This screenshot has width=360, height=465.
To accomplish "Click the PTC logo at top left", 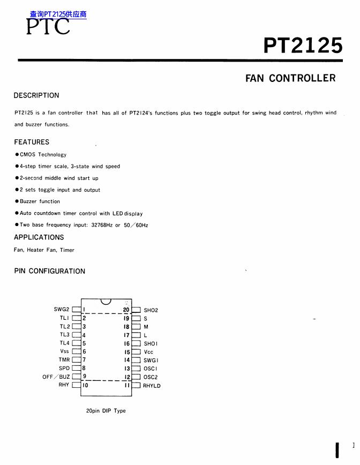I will click(48, 26).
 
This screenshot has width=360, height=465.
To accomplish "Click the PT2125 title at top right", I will click(303, 46).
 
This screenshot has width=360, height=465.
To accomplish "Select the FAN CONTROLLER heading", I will click(290, 78).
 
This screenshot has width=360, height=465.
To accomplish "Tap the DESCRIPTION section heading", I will click(36, 95).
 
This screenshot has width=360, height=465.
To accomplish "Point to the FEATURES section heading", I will click(32, 142).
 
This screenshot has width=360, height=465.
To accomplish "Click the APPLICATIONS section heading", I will click(39, 237).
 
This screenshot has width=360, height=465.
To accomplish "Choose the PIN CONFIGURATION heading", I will click(49, 271).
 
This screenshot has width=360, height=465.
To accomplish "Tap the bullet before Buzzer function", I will click(17, 201).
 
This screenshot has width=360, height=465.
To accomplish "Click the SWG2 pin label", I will click(62, 309).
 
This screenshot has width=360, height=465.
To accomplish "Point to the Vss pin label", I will click(65, 351).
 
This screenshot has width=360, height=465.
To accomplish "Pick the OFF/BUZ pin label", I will click(56, 377).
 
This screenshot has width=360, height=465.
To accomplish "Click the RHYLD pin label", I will click(152, 386).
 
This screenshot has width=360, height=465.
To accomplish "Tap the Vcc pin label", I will click(148, 352).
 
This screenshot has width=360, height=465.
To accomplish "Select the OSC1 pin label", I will click(151, 369).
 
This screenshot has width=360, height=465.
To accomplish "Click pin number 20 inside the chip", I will click(126, 310).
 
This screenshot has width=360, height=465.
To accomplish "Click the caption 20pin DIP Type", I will click(106, 411).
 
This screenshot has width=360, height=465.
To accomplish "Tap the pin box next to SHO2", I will click(136, 310).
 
